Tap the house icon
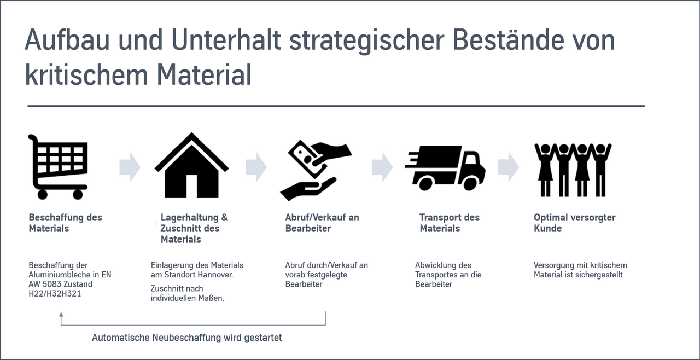pos(191,165)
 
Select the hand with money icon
pos(316,170)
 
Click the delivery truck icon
pos(445,168)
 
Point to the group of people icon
pos(573,170)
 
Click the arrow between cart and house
pos(130,167)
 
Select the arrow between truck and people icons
pos(509,167)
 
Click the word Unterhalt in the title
pos(226,40)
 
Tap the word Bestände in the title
pos(508,39)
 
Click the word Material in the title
pos(204,75)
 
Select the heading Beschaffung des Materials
pos(65,223)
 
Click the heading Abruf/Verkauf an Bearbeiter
pos(322,223)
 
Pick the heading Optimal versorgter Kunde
pos(574,223)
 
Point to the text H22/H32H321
pos(55,294)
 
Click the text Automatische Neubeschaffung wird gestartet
pos(187,338)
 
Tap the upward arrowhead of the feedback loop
pos(61,315)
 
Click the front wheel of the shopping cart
pos(78,194)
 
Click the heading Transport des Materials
pos(450,223)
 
